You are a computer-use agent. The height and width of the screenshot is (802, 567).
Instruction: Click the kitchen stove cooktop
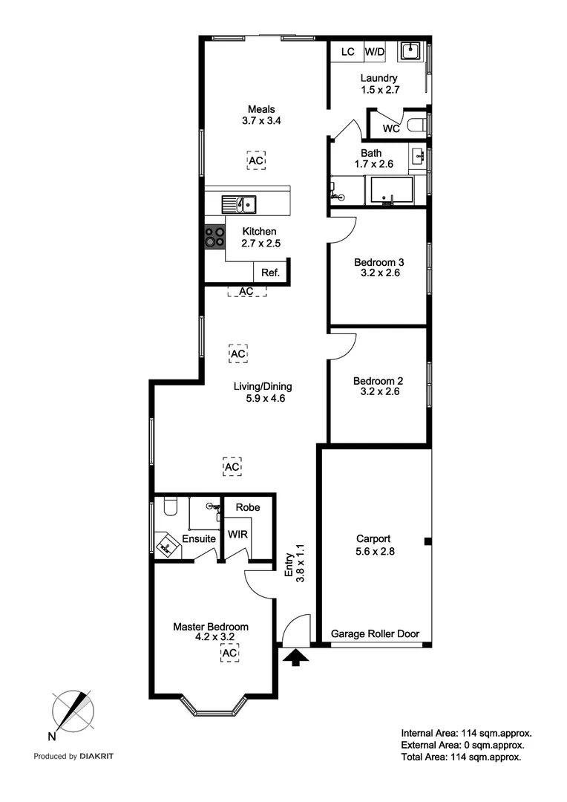tap(215, 237)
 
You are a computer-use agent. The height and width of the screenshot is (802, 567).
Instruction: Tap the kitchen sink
tap(239, 202)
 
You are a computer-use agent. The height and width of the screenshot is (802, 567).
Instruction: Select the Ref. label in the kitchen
tap(270, 273)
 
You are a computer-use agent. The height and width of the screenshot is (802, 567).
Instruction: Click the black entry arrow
tap(295, 656)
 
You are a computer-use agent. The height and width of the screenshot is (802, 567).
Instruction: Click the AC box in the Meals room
tap(255, 160)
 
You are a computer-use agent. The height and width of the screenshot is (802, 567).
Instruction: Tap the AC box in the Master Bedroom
tap(230, 653)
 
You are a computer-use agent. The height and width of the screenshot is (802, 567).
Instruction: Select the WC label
tap(391, 128)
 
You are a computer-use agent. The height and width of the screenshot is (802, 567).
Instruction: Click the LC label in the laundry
tap(347, 52)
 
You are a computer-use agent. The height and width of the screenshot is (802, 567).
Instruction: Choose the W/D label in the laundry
tap(374, 52)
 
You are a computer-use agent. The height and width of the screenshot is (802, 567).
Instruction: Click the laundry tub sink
tap(410, 51)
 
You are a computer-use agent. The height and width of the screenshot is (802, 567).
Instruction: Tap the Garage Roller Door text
tap(375, 634)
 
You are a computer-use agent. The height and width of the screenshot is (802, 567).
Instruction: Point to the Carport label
tap(373, 539)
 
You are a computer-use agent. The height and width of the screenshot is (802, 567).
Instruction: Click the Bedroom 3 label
tap(378, 262)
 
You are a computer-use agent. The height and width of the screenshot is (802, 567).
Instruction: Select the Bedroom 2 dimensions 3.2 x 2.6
tap(378, 391)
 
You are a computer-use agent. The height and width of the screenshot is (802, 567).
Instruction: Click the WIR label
tap(237, 534)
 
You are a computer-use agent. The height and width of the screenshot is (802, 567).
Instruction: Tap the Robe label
tap(247, 507)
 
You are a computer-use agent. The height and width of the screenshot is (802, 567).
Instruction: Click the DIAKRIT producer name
tap(97, 757)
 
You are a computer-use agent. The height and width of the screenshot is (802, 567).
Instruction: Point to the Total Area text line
tap(461, 757)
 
